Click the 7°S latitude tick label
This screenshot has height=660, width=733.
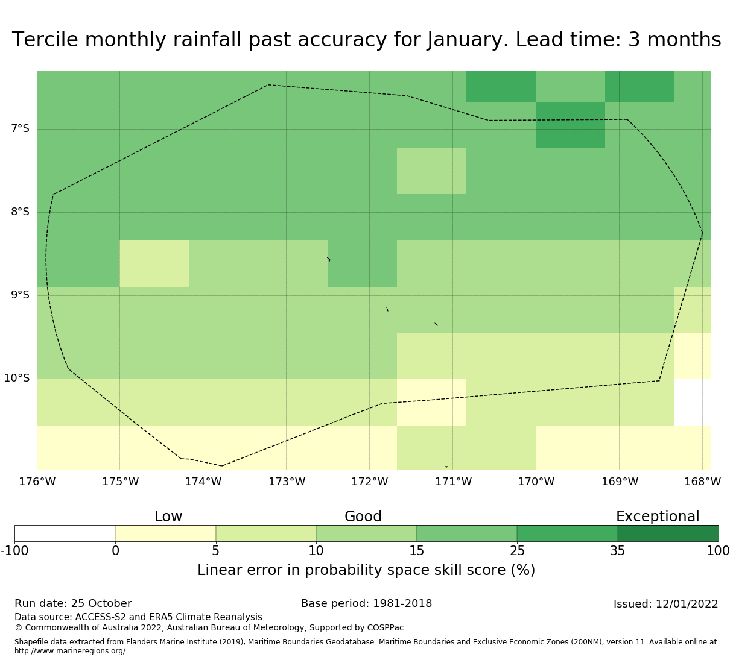coord(20,128)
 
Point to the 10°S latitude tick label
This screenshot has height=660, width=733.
coord(17,378)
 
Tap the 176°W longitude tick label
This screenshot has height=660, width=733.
coord(37,482)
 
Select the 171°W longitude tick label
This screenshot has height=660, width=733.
coord(453,482)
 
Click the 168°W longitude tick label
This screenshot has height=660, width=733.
coord(702,482)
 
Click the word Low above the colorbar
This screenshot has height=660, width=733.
coord(168,517)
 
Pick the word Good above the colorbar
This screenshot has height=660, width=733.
coord(363,517)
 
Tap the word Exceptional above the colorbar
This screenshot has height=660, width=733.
coord(658,517)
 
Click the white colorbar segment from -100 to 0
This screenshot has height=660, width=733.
coord(65,533)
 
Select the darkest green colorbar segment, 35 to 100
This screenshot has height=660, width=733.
coord(668,533)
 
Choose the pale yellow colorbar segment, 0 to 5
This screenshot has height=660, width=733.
coord(165,533)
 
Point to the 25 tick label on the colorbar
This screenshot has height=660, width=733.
coord(517,550)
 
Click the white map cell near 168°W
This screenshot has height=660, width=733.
coord(693,402)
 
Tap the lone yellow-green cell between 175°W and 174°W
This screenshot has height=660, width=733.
coord(154,263)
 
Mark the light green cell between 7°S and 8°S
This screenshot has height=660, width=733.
coord(431,171)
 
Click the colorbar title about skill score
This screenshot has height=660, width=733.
coord(366,570)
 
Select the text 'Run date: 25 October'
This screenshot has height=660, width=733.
coord(73,603)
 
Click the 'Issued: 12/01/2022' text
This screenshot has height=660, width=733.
coord(665,604)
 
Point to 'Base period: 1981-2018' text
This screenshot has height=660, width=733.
coord(366,603)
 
